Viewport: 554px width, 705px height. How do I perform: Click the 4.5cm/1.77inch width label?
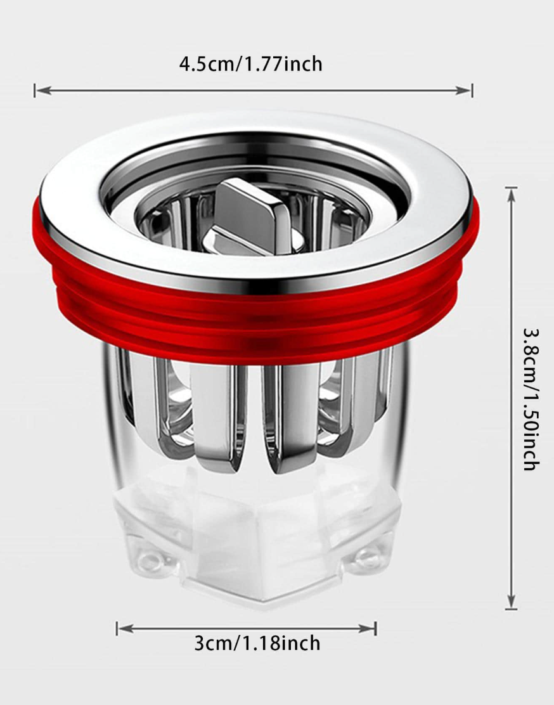[x=251, y=64]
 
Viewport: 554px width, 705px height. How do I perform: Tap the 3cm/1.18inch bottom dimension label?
[x=257, y=643]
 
